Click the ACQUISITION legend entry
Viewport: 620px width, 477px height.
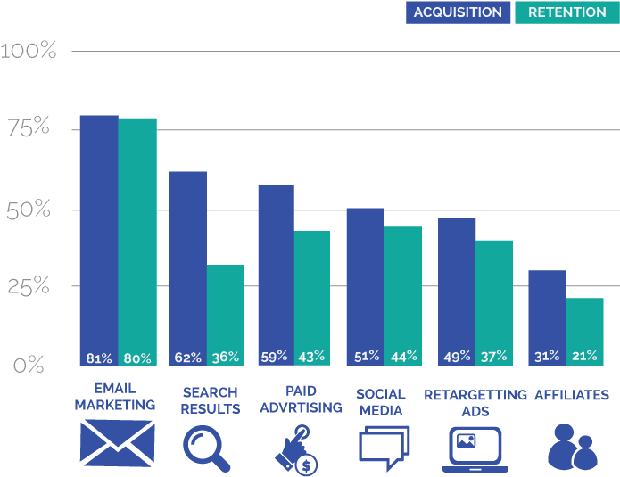(459, 12)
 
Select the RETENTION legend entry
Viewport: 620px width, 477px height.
(566, 12)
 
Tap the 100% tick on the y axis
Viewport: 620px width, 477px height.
(29, 51)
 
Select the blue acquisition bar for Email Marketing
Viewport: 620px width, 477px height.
(98, 232)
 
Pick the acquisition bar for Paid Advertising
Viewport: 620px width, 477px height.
(276, 267)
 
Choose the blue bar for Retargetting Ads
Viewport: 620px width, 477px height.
(457, 285)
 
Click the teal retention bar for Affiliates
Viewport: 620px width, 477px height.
(584, 325)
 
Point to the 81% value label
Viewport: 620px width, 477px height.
(98, 358)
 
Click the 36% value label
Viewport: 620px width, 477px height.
(225, 358)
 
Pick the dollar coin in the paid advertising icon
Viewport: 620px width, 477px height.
(307, 464)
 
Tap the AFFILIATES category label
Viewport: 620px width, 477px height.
(571, 394)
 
